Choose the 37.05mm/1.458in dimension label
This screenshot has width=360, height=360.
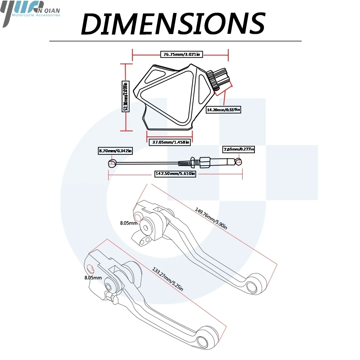coord(169,142)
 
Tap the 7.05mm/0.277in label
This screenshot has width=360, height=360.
coord(238,149)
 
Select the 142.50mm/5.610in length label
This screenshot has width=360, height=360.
coord(175,174)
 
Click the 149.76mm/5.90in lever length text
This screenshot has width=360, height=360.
coord(211,218)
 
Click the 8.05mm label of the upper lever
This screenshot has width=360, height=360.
coord(129,223)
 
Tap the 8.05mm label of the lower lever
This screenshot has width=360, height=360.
coord(93,278)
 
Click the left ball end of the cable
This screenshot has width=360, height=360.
coord(112,163)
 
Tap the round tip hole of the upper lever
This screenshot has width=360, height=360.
coord(253,285)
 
